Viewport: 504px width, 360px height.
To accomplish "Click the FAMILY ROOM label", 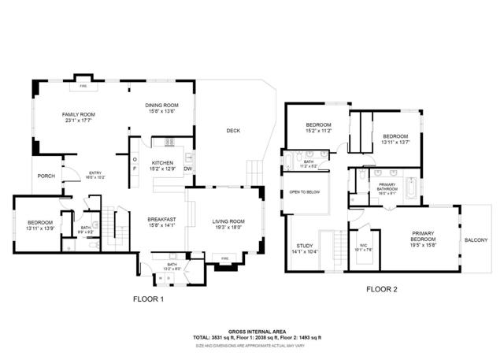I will [x=79, y=115].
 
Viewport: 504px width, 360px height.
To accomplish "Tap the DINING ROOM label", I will [x=161, y=106].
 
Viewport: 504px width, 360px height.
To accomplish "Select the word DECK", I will [x=233, y=131].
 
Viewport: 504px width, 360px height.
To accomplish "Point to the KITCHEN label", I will [x=162, y=161].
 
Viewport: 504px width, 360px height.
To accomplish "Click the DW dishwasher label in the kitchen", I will [x=188, y=169].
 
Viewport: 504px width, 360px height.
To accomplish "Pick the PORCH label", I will [x=46, y=176].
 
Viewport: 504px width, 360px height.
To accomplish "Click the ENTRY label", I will [x=95, y=173].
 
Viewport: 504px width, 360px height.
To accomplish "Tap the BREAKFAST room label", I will [x=161, y=219].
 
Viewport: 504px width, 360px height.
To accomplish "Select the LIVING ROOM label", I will [x=228, y=221].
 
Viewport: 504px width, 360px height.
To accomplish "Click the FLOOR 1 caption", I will [x=148, y=300].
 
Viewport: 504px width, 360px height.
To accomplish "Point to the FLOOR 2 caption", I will [x=381, y=289].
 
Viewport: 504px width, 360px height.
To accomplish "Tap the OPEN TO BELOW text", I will [x=304, y=192].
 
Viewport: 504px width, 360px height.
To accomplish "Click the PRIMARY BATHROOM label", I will [x=387, y=187].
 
